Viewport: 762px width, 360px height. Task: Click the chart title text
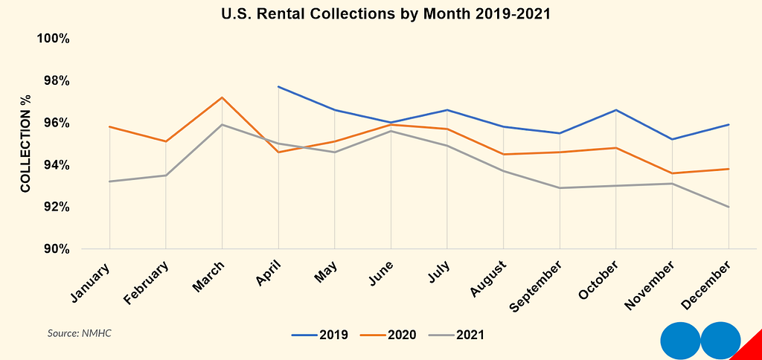386,14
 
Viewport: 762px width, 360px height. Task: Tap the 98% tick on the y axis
54,80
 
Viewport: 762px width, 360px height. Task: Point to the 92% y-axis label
54,207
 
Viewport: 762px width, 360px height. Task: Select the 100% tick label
54,38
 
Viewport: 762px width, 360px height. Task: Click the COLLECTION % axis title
25,144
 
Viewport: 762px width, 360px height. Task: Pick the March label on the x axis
208,277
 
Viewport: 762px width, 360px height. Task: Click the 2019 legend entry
320,335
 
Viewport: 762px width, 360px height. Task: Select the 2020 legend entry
388,335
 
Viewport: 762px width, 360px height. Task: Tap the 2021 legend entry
456,335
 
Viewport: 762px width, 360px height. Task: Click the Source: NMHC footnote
79,334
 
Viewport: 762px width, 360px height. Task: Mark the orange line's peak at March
222,97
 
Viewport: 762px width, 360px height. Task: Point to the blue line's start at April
278,86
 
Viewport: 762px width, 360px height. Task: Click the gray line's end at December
729,207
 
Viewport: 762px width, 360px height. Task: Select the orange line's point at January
110,126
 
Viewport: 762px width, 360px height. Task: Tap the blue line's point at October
616,110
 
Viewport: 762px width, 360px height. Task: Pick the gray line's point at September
560,188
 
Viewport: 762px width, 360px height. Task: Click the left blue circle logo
680,341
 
